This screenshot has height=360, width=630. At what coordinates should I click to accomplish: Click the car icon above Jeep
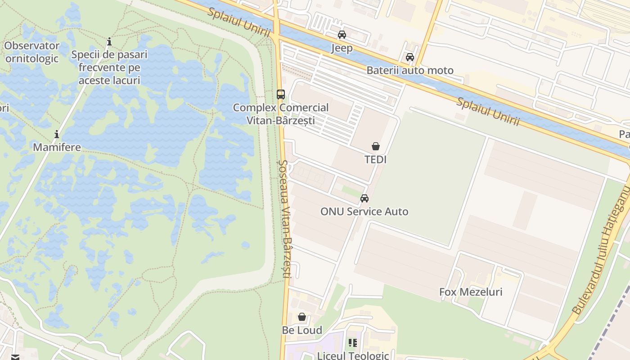342,35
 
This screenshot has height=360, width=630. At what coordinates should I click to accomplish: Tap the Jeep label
342,48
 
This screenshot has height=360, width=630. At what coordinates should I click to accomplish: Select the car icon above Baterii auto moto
410,57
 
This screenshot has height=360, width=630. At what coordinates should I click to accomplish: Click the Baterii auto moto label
410,70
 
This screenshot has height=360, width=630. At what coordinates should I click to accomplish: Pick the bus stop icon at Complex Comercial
281,94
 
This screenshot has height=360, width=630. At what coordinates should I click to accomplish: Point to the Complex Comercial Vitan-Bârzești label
281,114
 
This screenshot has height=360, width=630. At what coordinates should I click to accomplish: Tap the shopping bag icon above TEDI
376,146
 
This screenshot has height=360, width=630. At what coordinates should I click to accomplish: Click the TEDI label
376,160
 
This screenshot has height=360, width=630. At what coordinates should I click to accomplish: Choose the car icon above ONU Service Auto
364,198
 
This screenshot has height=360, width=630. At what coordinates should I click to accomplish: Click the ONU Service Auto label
364,211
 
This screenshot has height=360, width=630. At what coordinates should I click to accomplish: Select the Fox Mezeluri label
471,292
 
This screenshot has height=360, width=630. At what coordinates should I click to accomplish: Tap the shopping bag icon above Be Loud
302,317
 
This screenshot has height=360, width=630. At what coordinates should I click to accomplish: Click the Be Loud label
302,330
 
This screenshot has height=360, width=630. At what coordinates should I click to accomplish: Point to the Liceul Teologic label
353,355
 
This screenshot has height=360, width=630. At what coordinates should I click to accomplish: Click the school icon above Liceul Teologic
353,343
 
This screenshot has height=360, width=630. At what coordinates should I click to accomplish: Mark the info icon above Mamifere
57,134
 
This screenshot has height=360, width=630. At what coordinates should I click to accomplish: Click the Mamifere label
57,147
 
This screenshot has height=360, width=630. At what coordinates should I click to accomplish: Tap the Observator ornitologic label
32,52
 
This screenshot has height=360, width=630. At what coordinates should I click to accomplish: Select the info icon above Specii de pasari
109,42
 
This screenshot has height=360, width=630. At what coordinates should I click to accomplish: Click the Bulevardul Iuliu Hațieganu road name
601,252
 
